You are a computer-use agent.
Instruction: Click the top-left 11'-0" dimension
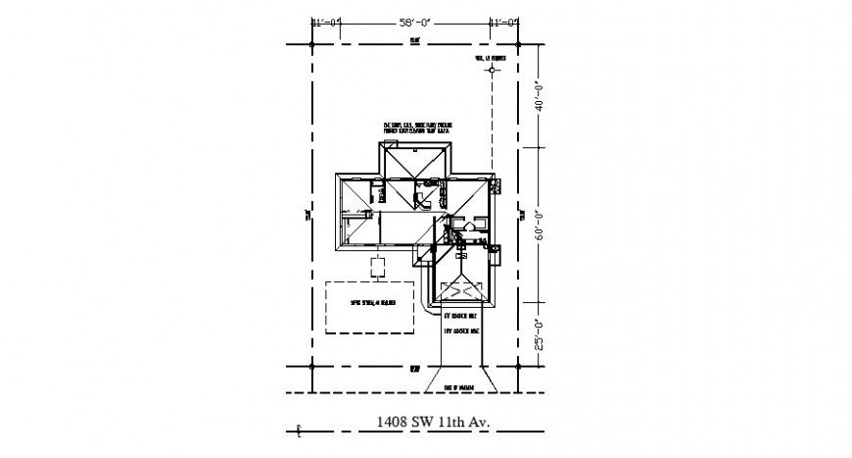(325, 21)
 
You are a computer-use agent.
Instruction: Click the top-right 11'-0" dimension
(504, 21)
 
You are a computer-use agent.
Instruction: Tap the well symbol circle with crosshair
(495, 71)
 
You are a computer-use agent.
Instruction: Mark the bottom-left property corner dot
(311, 368)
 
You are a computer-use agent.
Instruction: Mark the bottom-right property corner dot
(518, 368)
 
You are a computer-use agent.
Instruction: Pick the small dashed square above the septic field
(377, 266)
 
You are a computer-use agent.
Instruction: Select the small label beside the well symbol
(489, 59)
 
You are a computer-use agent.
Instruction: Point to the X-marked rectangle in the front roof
(460, 289)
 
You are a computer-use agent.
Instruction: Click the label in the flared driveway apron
(459, 386)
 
